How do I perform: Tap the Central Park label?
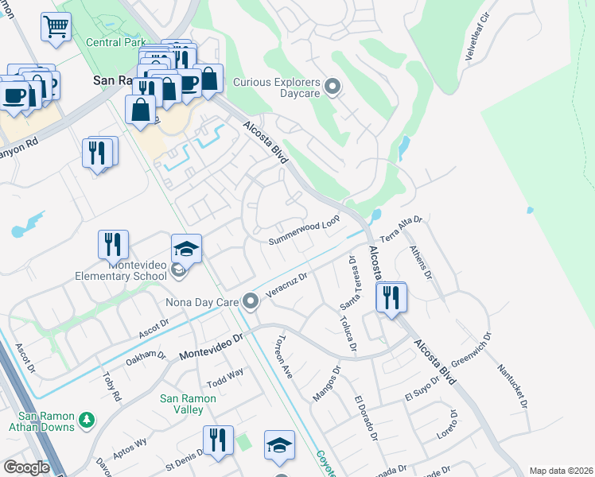point(116,42)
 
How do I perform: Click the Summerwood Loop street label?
point(304,231)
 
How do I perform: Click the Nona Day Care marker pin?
point(251,301)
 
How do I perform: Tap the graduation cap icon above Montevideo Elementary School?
point(186,249)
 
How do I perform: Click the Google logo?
point(26,467)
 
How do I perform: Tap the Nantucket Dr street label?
point(512,385)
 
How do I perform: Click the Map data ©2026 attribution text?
point(561,471)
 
